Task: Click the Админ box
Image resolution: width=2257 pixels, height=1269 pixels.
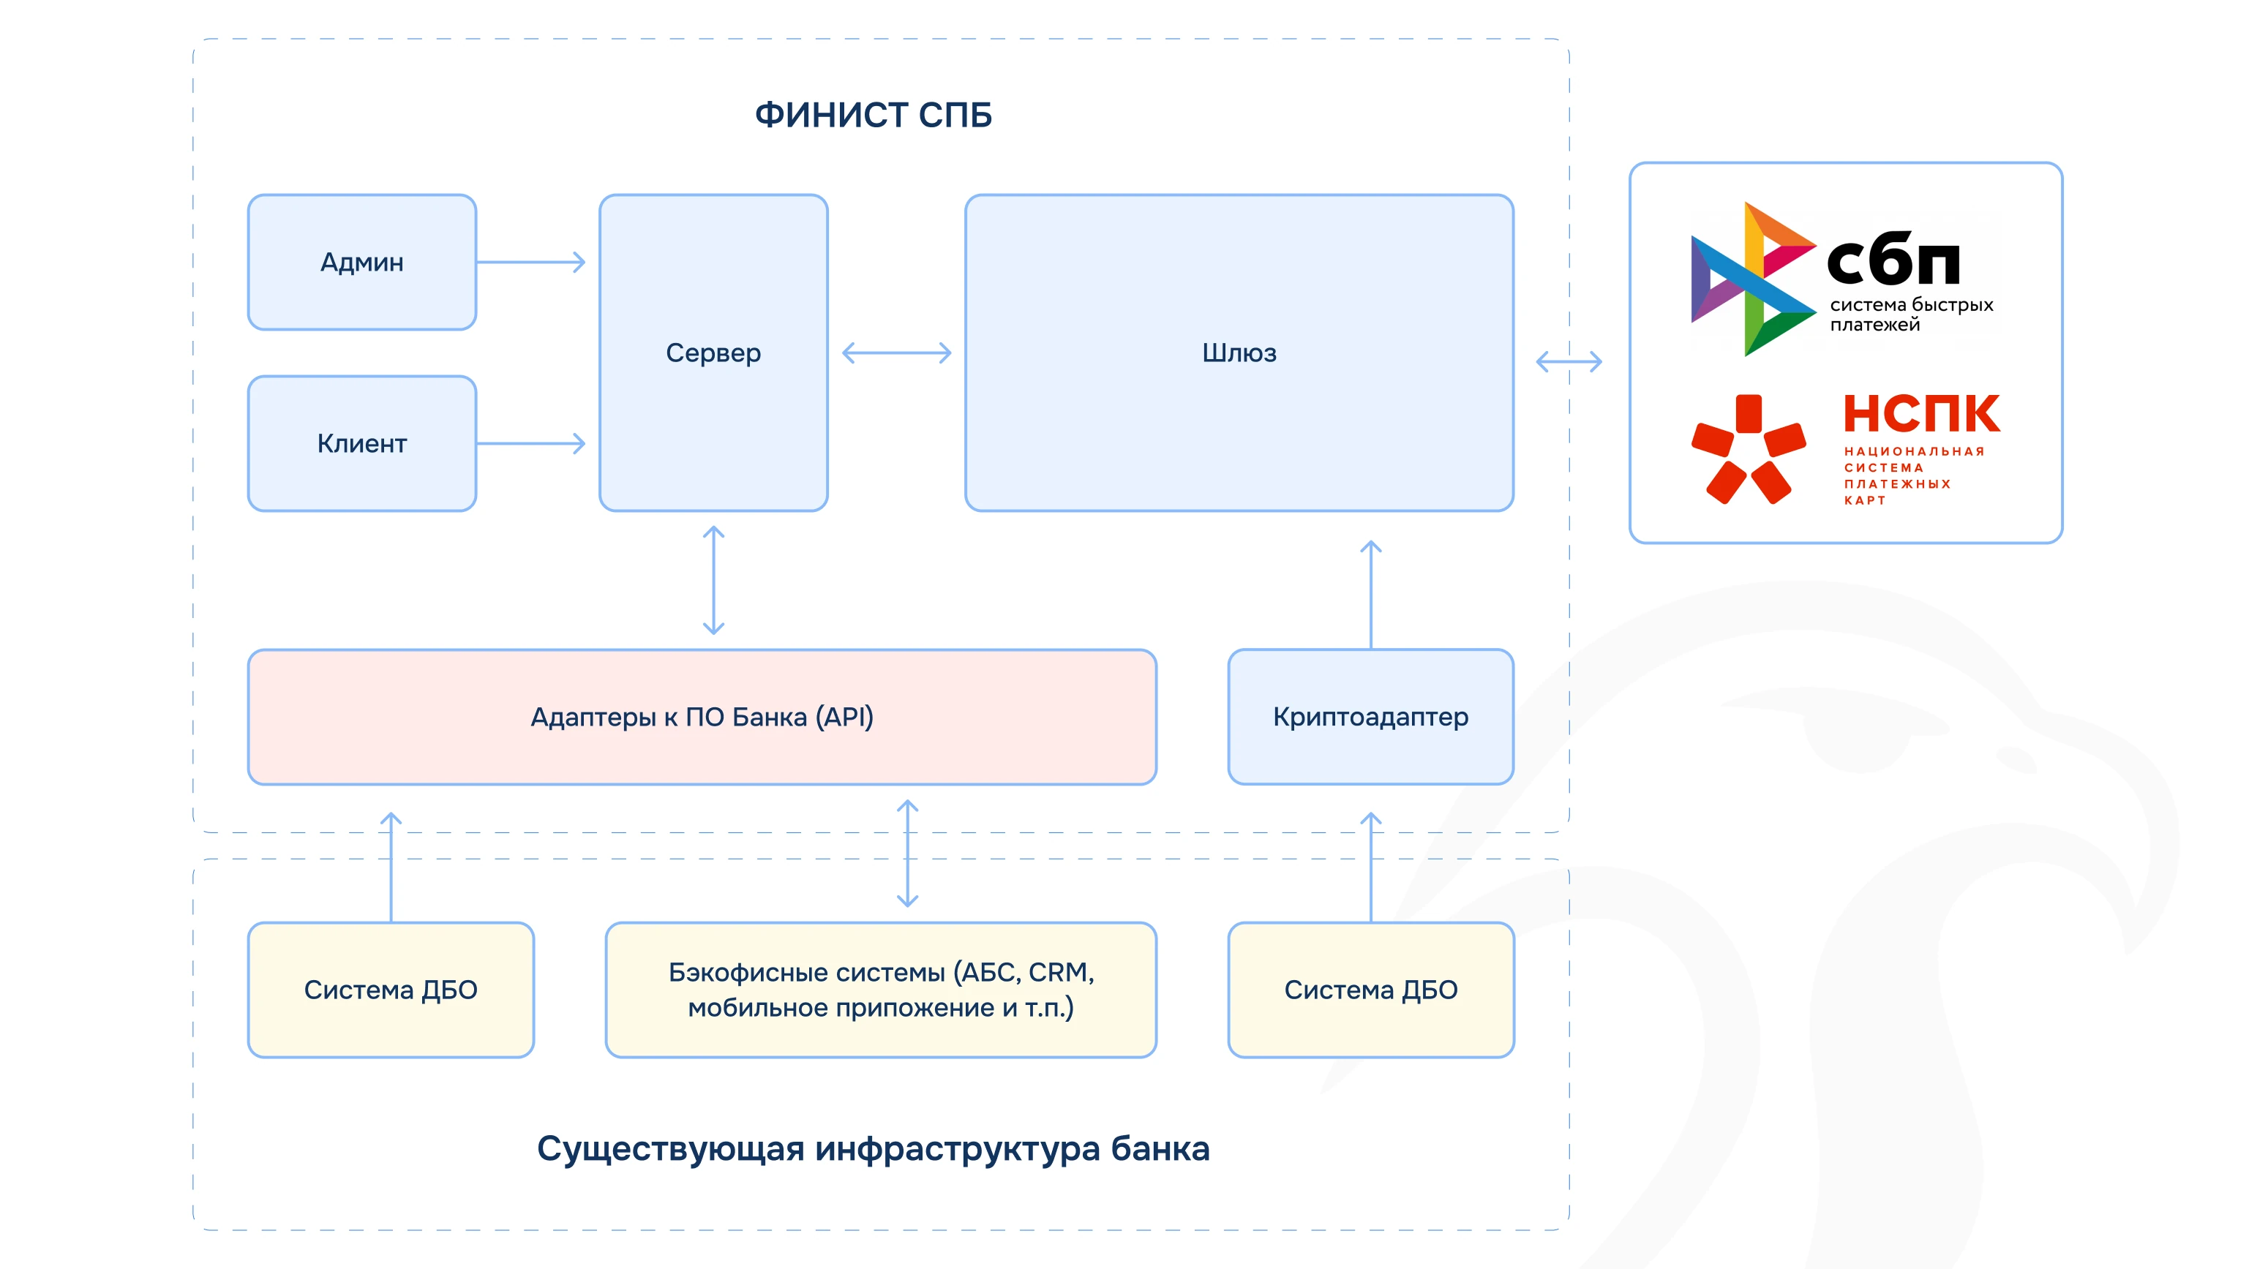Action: click(362, 262)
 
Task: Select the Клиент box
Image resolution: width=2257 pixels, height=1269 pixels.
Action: click(362, 443)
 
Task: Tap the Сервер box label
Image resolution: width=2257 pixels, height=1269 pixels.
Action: click(713, 353)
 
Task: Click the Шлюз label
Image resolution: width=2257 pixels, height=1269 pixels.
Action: click(1239, 353)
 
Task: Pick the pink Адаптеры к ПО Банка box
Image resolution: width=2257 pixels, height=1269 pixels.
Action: click(702, 716)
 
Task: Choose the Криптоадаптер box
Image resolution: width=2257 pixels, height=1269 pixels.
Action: click(1370, 716)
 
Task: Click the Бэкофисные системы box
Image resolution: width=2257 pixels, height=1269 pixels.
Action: click(881, 990)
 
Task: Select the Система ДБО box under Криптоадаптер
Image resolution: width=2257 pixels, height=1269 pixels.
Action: click(1370, 990)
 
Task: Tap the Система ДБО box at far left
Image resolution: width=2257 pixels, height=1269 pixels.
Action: click(391, 990)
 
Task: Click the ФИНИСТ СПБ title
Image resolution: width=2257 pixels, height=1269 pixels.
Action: click(874, 115)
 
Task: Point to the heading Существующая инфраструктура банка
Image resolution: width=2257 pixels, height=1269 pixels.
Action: click(873, 1148)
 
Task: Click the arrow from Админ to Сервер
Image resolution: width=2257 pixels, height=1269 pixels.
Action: click(531, 262)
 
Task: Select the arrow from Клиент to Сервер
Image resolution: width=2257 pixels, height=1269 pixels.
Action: click(531, 443)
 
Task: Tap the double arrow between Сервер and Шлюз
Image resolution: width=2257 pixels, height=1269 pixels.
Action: click(896, 353)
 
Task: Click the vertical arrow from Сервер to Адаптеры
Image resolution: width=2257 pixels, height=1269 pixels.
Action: click(713, 580)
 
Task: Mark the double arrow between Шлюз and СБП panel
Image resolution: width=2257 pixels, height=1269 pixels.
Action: click(1569, 361)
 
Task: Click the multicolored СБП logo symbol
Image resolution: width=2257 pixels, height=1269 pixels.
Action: click(1752, 279)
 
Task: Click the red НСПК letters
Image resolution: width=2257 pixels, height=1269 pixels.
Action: click(1921, 414)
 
